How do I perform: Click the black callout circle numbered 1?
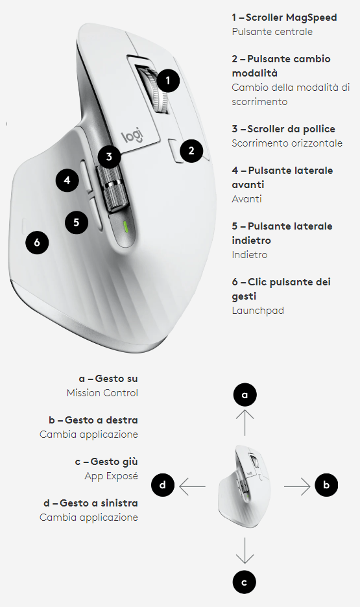[168, 80]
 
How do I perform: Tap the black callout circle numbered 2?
[191, 150]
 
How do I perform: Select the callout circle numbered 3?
[109, 157]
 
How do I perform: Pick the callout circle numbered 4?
[67, 180]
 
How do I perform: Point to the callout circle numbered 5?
[77, 222]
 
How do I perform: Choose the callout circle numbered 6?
[37, 243]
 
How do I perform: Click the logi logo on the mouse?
[132, 136]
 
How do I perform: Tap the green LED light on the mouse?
[125, 227]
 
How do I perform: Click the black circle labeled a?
[245, 395]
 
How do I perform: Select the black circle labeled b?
[326, 484]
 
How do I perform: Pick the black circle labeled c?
[245, 582]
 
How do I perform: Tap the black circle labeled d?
[163, 484]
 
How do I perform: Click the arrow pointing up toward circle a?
[245, 423]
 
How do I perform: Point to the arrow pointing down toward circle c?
[245, 551]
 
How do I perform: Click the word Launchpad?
[258, 311]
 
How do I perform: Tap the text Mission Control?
[102, 393]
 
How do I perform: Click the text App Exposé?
[111, 476]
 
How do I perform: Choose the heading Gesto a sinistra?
[99, 503]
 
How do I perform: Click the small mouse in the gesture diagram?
[245, 486]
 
